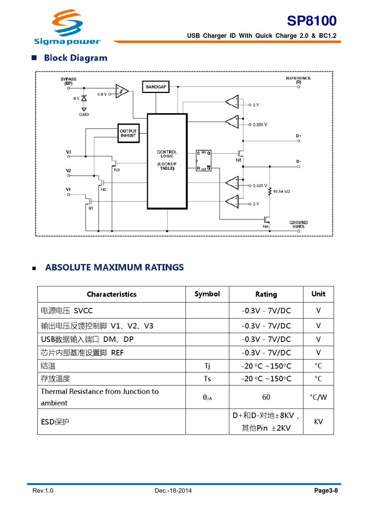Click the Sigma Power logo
(x=67, y=27)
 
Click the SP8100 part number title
(x=312, y=20)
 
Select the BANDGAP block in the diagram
(x=156, y=87)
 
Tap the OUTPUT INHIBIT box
(x=128, y=133)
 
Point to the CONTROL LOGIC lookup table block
(x=167, y=161)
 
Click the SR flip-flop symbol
(x=203, y=161)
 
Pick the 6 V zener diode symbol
(x=84, y=98)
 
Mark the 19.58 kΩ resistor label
(x=281, y=191)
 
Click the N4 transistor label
(x=265, y=227)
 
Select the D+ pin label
(x=299, y=136)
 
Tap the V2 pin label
(x=68, y=171)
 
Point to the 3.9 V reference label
(x=102, y=94)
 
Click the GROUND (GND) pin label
(x=299, y=224)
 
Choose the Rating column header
(x=266, y=294)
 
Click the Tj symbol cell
(x=207, y=366)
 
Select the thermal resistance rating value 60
(x=266, y=397)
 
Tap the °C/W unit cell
(x=318, y=397)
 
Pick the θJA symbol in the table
(x=207, y=397)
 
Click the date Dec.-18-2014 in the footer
(x=173, y=490)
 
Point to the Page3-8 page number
(x=326, y=490)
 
